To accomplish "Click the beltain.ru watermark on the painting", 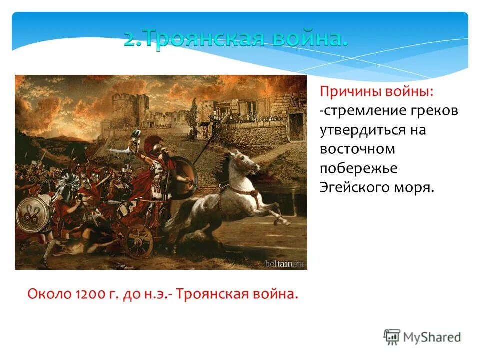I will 284,263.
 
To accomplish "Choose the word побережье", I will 358,168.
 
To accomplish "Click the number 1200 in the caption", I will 88,293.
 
